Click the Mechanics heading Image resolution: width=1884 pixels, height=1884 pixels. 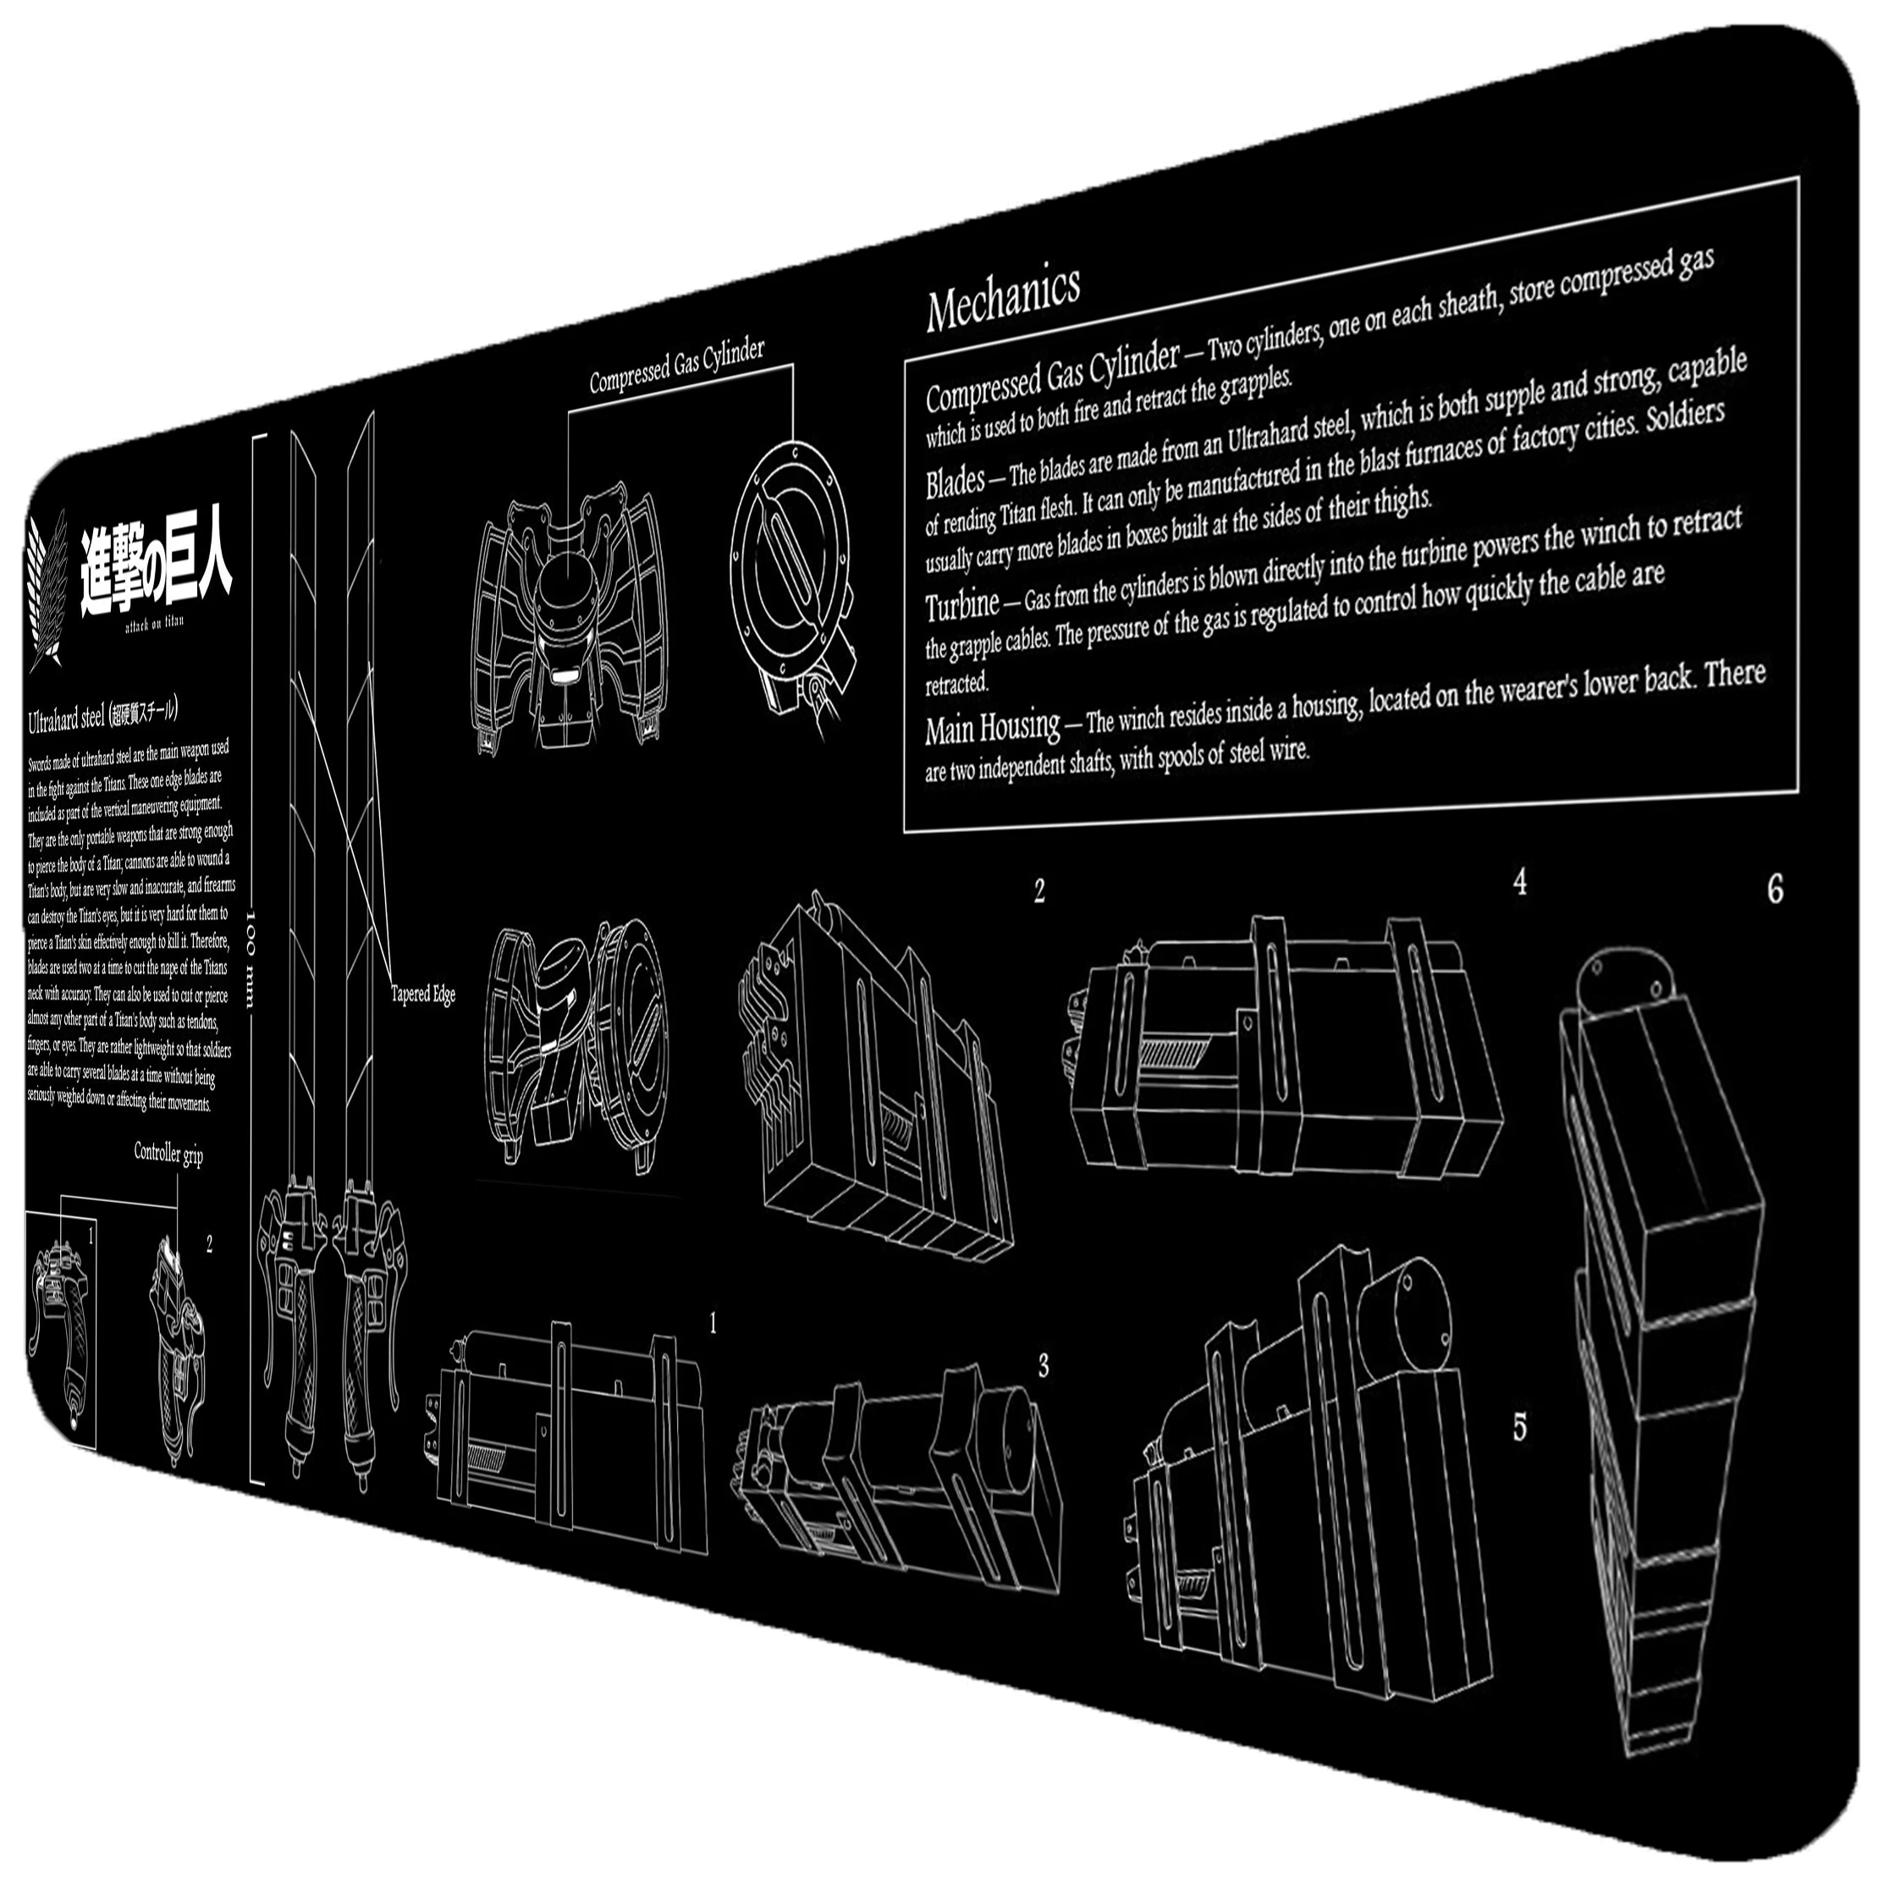tap(1002, 297)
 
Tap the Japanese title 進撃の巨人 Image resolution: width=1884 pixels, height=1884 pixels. tap(156, 572)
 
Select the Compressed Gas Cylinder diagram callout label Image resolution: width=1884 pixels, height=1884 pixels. tap(677, 366)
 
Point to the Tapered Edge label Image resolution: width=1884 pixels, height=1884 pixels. tap(423, 994)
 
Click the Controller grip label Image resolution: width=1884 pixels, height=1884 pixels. tap(168, 1154)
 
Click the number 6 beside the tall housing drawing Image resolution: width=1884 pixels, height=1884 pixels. tap(1775, 890)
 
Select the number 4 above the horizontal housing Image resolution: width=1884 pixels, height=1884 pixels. tap(1519, 882)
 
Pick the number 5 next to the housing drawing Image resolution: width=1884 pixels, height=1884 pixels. tap(1519, 1428)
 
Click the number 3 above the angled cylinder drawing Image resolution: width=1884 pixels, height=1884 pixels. tap(1044, 1366)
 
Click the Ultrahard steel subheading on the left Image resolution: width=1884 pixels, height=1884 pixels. tap(66, 719)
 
